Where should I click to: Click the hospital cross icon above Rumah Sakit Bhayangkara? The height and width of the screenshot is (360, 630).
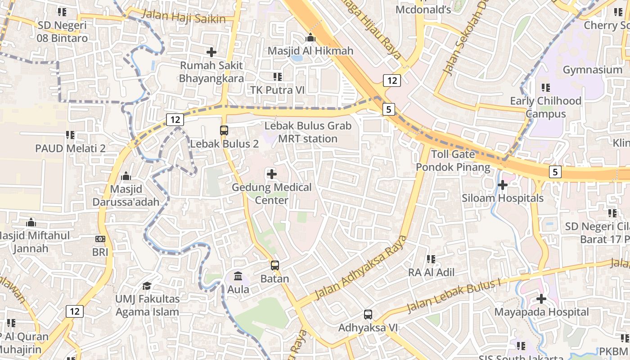[211, 52]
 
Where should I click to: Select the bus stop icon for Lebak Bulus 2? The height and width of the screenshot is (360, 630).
[224, 130]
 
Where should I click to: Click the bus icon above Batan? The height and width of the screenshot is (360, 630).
[274, 265]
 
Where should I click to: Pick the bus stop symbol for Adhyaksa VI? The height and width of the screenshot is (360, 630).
[368, 315]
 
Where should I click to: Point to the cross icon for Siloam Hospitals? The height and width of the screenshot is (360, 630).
[503, 184]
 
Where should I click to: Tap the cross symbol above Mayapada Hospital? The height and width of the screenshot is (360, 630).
[541, 298]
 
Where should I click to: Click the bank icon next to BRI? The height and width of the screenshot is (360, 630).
[100, 239]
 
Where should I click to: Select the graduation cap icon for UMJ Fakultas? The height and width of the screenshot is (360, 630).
[147, 286]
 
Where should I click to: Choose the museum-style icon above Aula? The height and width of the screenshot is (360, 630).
[238, 276]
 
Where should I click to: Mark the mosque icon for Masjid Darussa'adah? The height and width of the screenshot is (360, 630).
[126, 175]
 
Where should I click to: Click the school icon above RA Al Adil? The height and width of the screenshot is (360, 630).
[431, 259]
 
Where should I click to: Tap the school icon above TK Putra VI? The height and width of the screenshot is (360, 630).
[278, 77]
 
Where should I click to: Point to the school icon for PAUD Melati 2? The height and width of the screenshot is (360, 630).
[70, 135]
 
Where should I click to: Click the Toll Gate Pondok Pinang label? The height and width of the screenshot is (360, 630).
[453, 161]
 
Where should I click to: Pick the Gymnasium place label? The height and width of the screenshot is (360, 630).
[592, 70]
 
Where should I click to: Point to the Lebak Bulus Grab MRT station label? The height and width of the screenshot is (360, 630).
[308, 132]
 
